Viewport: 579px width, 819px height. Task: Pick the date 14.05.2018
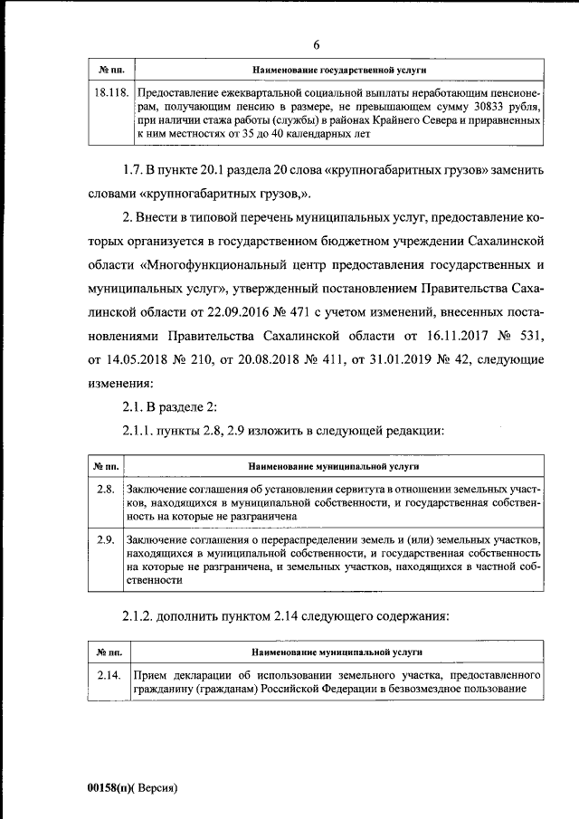pyautogui.click(x=138, y=360)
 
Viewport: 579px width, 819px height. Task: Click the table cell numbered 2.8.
pyautogui.click(x=105, y=490)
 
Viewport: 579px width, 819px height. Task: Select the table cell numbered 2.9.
pyautogui.click(x=105, y=540)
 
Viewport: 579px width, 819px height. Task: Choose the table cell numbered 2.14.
pyautogui.click(x=109, y=676)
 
